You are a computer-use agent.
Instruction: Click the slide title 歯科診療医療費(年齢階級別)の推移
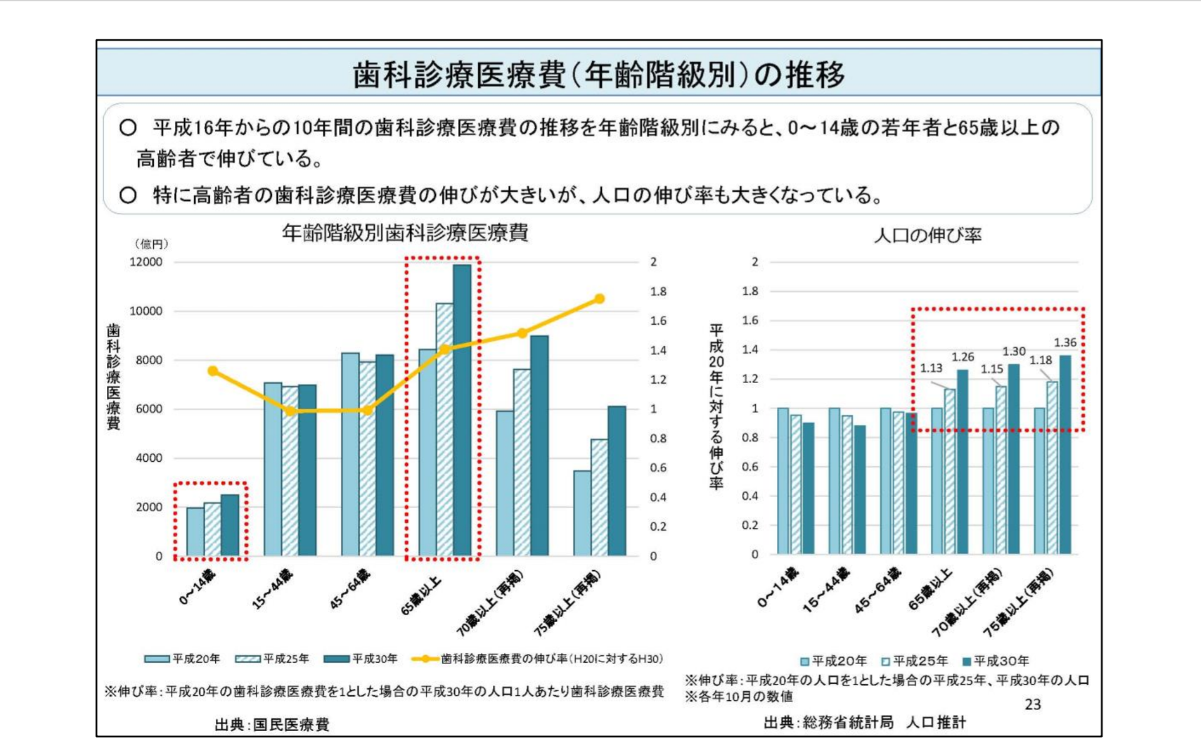599,74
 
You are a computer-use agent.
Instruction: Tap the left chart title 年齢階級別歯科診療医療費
405,233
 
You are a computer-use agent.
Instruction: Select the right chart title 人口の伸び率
928,235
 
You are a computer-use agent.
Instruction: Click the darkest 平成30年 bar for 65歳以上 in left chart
462,410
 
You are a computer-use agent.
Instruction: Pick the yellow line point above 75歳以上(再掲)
599,299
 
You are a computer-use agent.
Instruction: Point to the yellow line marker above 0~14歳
213,371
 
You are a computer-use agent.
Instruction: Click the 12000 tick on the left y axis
146,262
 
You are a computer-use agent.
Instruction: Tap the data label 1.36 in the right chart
1065,342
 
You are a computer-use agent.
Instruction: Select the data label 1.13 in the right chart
931,368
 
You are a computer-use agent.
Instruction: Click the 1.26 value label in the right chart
963,357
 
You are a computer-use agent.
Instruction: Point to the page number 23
1033,705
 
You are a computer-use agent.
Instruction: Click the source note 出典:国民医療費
271,725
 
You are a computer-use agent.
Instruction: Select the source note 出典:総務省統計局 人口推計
864,723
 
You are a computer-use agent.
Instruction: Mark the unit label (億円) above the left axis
151,244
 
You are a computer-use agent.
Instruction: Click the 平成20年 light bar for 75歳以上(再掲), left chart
582,513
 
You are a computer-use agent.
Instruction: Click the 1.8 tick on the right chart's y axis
749,291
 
